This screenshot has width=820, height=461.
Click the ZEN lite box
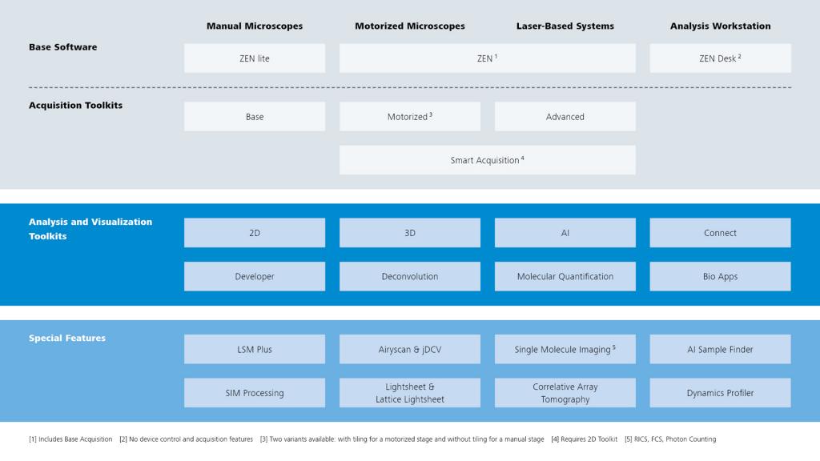pos(255,58)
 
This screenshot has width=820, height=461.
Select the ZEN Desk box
pos(720,58)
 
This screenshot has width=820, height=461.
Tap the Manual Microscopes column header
pos(255,26)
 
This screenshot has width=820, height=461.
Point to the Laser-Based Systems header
pos(565,26)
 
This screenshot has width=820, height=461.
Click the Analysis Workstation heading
pos(720,26)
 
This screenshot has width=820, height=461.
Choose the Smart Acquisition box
pos(487,160)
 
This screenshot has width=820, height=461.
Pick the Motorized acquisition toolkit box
pos(409,117)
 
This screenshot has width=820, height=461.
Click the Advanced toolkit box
pos(565,117)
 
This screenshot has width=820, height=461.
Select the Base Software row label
pos(62,47)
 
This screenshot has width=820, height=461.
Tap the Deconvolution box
pos(409,277)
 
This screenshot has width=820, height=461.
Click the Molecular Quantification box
pos(565,277)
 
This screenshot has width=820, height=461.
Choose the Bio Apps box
pos(720,277)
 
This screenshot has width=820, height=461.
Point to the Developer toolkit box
pos(255,277)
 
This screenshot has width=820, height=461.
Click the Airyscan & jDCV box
pos(409,350)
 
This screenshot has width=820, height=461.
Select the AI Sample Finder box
pos(720,350)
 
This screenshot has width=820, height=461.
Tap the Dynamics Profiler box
pos(720,393)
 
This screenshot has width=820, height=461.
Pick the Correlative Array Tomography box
pos(565,393)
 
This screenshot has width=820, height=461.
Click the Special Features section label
pos(67,339)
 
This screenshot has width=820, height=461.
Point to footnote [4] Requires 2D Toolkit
pos(585,439)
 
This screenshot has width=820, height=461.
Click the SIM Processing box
pos(255,393)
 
